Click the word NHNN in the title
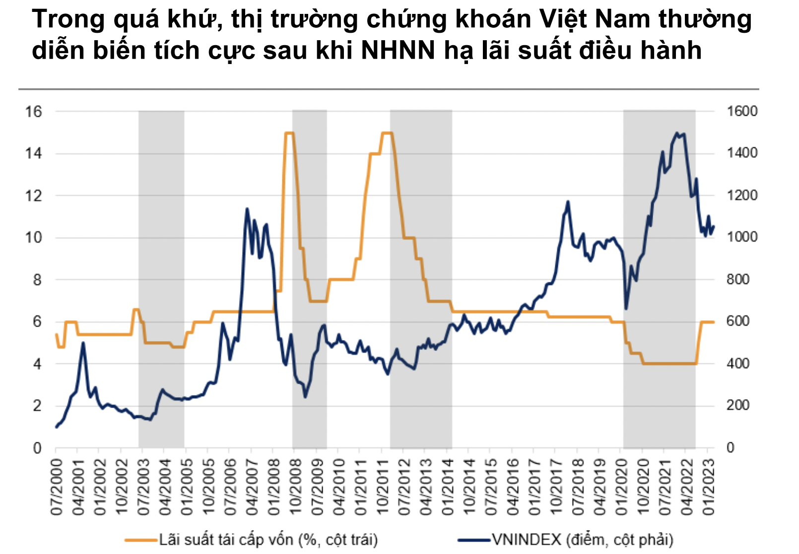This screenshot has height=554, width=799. point(399,50)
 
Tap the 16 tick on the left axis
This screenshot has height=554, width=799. point(34,111)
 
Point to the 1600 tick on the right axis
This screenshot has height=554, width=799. point(742,111)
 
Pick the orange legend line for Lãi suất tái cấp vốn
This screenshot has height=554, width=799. point(140,540)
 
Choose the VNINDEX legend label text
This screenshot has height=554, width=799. point(583,540)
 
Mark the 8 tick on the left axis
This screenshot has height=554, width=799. point(37,279)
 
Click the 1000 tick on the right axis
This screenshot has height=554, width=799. point(742,237)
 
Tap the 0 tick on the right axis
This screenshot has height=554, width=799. point(730,448)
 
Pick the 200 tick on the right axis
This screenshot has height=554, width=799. point(738,406)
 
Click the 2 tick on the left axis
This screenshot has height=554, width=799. point(37,406)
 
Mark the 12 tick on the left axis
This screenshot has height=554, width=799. point(34,196)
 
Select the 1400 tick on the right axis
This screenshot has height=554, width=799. point(742,153)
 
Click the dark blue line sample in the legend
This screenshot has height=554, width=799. point(473,540)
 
